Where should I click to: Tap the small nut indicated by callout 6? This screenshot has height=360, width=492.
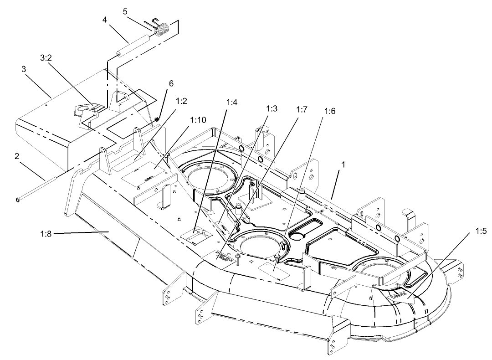[x=157, y=119]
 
